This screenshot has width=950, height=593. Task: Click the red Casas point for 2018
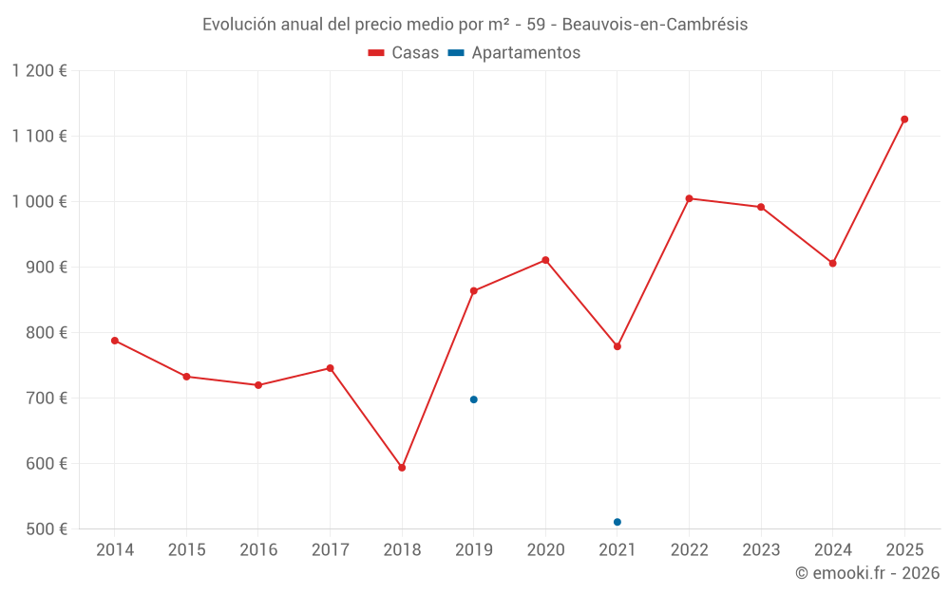[402, 468]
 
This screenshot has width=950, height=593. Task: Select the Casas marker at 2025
[904, 120]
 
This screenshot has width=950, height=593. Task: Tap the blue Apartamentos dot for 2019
[474, 399]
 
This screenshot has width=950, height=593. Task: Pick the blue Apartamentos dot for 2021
[617, 522]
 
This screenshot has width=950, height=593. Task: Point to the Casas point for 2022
[689, 198]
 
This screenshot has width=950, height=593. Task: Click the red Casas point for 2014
[115, 341]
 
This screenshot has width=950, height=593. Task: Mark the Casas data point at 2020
[545, 260]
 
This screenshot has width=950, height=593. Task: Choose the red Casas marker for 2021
[617, 346]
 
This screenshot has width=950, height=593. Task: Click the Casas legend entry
[404, 53]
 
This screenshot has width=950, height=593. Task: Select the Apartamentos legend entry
[514, 53]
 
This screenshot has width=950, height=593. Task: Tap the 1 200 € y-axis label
[40, 71]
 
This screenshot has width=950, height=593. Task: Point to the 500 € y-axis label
[47, 529]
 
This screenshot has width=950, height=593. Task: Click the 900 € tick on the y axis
[47, 268]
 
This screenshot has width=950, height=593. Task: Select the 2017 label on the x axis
[330, 550]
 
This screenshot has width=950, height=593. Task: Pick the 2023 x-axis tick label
[761, 550]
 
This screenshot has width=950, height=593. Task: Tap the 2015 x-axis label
[186, 550]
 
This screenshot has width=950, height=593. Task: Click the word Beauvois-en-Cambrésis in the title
[655, 25]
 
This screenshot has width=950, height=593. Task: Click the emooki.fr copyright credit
[867, 573]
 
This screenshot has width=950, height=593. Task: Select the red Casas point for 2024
[832, 263]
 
